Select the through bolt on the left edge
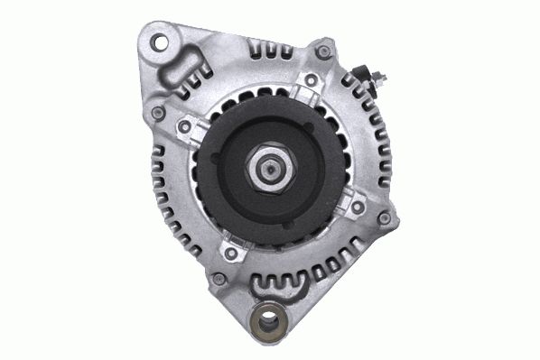pos(159,113)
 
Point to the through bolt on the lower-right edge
pos(385,217)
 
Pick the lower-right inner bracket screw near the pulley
pos(357,207)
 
